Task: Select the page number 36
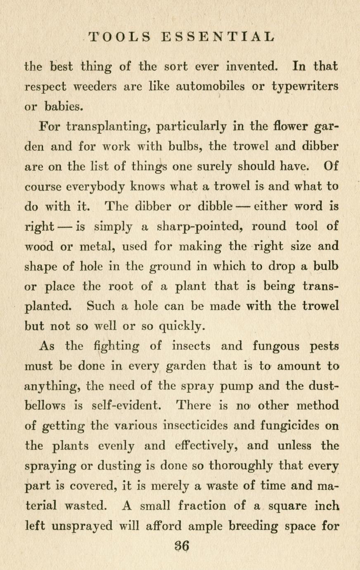point(180,546)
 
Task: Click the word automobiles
point(212,87)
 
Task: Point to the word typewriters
point(306,87)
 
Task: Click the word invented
point(248,66)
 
